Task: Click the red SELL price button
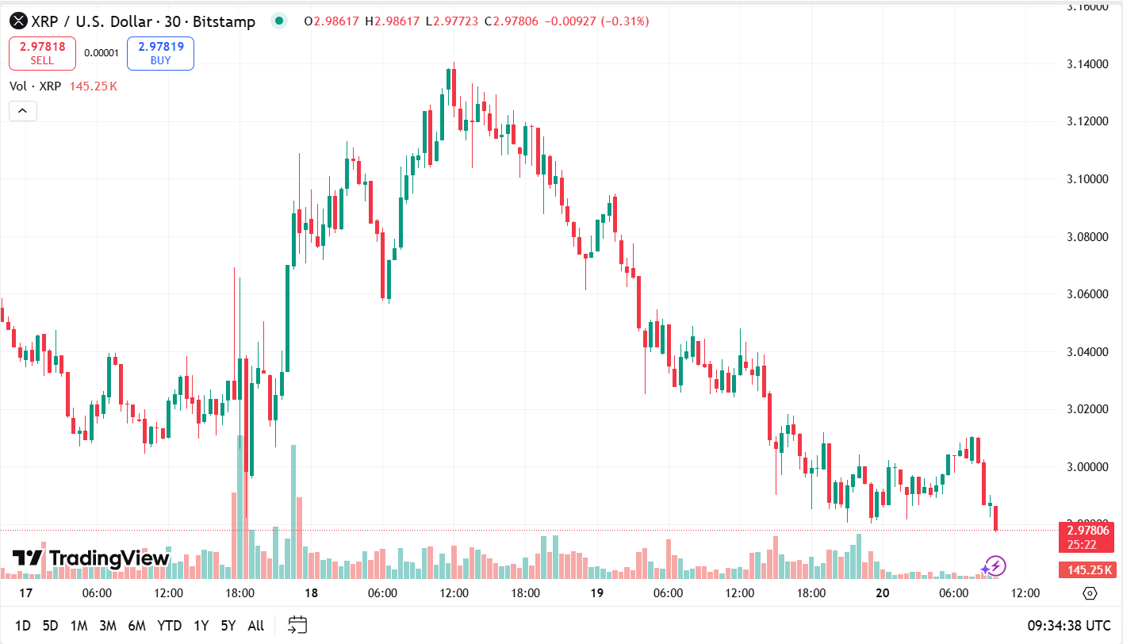pos(42,53)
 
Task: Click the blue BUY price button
pos(160,53)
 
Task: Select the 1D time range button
pos(23,626)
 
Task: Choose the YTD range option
pos(169,626)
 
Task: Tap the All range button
pos(255,626)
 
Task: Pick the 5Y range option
pos(228,626)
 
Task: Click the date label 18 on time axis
pos(311,593)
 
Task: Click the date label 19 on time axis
pos(596,593)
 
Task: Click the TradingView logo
pos(91,558)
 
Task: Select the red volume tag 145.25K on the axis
pos(1086,569)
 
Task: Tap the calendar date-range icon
pos(297,626)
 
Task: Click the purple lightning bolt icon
pos(994,565)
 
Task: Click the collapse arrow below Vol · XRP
pos(22,111)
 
